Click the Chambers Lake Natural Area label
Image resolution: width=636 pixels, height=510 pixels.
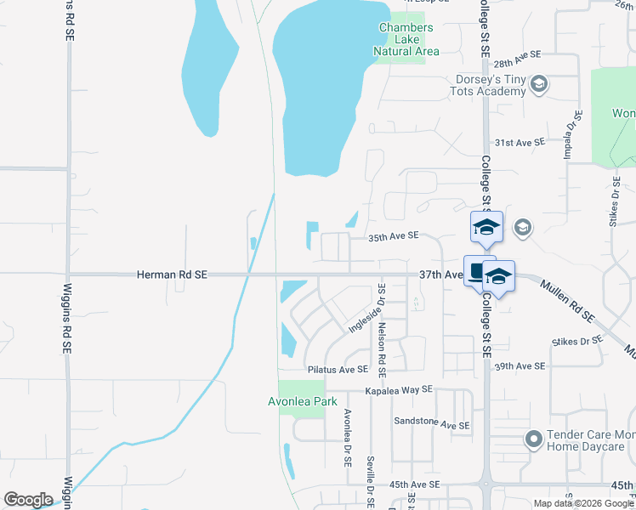406,39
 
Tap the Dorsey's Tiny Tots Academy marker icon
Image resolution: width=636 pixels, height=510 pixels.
537,84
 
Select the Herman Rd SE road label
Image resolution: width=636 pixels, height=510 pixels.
173,275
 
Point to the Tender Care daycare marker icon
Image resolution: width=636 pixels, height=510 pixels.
533,439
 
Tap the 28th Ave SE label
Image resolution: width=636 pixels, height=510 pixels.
517,59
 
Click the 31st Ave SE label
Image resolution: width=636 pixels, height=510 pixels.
520,142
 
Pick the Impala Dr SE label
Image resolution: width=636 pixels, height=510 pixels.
568,135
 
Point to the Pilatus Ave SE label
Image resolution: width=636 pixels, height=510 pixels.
338,370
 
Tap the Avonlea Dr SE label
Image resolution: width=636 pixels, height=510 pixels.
348,436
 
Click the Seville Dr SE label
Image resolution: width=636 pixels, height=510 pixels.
371,481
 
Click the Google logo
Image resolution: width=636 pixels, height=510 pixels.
28,500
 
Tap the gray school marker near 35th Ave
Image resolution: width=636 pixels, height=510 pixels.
522,228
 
